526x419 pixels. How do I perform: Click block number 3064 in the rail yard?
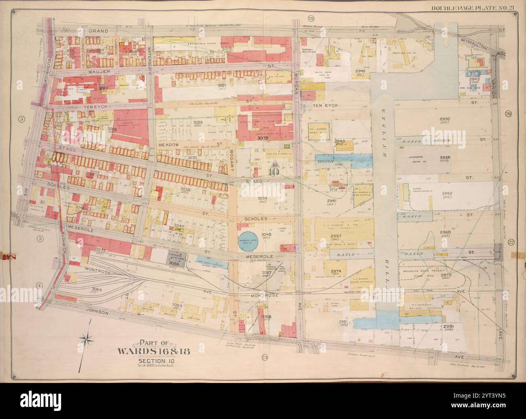click(97, 289)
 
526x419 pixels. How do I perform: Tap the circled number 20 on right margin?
click(508, 114)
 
